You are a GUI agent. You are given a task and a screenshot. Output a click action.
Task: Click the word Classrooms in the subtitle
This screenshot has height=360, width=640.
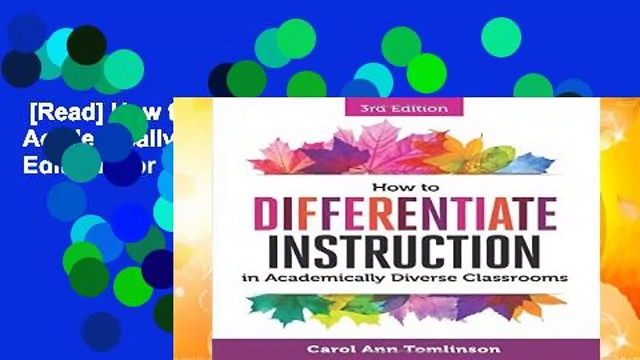[x=531, y=277]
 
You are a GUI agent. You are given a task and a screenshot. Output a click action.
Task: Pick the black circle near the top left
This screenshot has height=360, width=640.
[x=86, y=45]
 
